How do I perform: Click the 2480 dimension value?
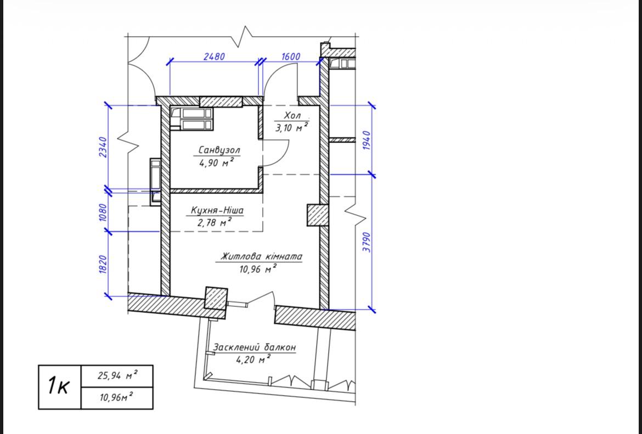214,56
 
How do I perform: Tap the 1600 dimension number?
291,56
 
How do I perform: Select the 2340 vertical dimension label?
103,147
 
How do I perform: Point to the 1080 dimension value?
103,212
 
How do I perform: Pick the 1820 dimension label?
103,265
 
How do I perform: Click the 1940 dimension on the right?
367,140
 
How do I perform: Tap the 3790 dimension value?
367,242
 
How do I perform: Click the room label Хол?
292,116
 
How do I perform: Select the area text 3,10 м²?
291,128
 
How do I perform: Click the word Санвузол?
219,150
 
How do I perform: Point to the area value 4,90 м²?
217,163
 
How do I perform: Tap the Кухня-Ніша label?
217,210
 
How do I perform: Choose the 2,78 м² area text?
215,222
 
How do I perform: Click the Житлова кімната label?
261,257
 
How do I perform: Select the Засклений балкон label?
254,347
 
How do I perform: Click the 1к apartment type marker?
59,386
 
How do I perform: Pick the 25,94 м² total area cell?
117,375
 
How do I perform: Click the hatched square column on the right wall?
318,215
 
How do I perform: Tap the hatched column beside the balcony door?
216,298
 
